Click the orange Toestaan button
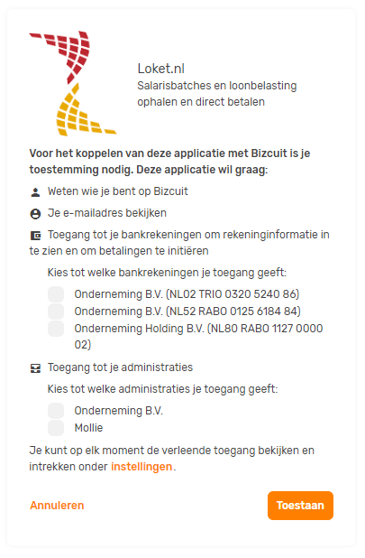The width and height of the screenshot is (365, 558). [300, 506]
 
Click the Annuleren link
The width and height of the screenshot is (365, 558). [57, 506]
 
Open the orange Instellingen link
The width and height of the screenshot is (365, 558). [141, 467]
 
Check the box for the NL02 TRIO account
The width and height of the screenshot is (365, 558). [56, 294]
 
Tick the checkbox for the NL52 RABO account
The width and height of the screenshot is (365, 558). [56, 312]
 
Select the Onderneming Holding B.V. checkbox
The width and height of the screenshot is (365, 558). [56, 329]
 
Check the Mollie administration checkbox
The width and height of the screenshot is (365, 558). [56, 428]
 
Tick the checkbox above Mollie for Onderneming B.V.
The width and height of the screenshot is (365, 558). [56, 411]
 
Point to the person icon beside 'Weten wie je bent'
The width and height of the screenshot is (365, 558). [35, 192]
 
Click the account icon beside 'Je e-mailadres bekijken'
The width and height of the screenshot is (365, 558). [35, 214]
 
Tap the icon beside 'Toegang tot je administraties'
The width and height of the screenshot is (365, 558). [35, 368]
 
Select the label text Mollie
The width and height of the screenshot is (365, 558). [88, 428]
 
